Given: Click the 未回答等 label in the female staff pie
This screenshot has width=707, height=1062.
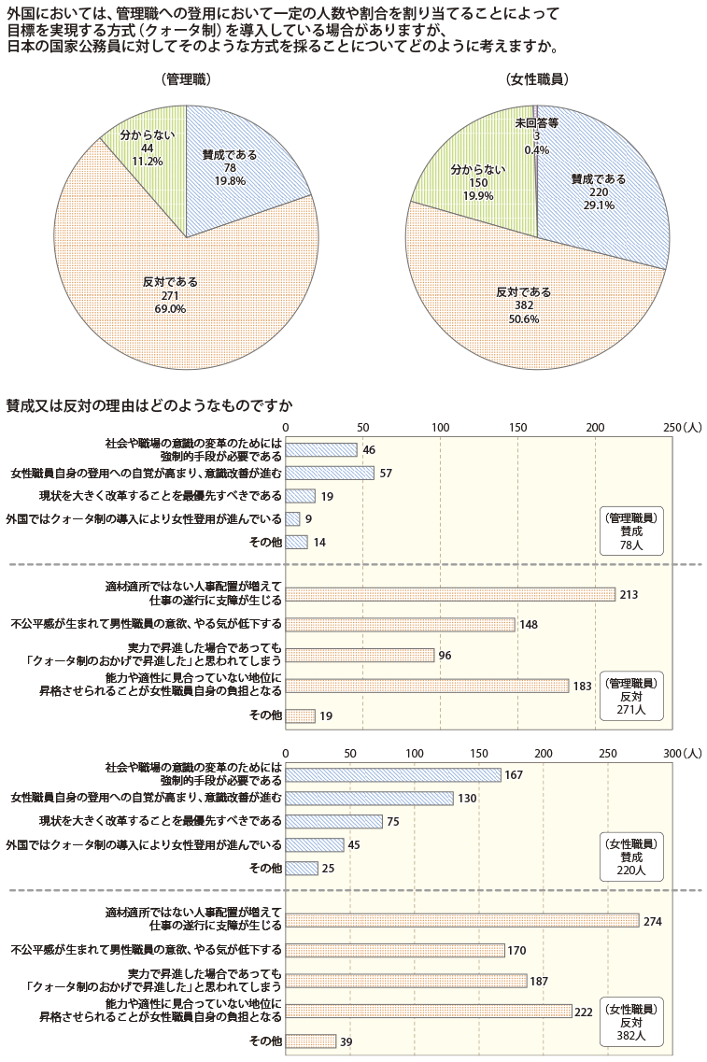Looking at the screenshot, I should point(536,123).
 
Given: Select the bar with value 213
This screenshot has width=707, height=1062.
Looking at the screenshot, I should point(449,594).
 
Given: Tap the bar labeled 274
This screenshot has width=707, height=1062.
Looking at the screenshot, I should point(461,921).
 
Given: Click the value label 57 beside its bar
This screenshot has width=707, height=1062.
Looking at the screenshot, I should point(386,474).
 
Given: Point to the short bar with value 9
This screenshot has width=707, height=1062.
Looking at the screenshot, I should point(292,518).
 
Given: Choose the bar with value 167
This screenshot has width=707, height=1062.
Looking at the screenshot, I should point(392,774).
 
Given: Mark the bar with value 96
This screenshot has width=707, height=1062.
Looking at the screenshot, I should point(360,655).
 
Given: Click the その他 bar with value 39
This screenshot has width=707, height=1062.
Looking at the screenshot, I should point(310,1041).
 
